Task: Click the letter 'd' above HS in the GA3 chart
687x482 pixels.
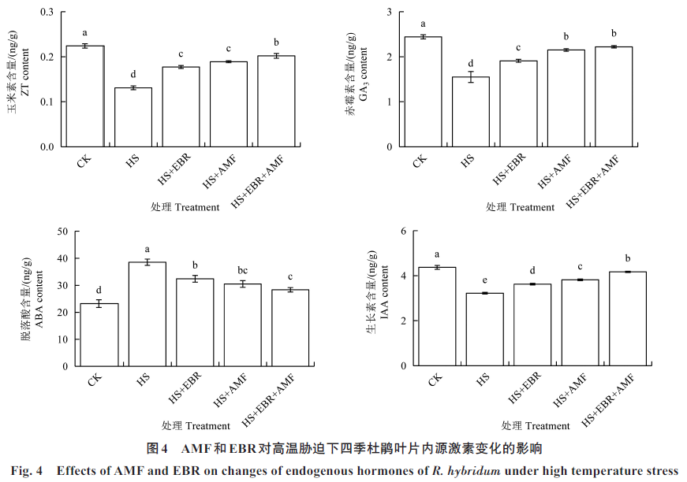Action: pos(470,64)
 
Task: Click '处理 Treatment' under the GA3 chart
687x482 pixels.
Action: pos(521,207)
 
